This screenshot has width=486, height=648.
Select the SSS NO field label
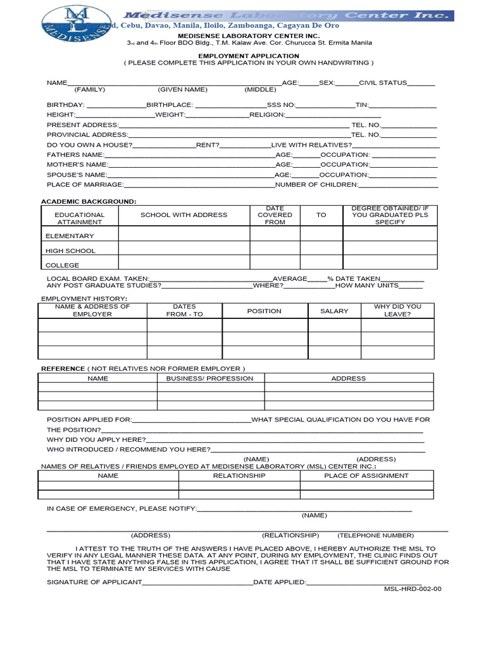tap(281, 104)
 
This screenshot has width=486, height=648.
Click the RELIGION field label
tap(268, 115)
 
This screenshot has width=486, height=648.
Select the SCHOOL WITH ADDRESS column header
tap(184, 215)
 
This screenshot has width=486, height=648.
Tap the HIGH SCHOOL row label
tap(70, 251)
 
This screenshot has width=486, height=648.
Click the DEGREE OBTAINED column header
tap(390, 215)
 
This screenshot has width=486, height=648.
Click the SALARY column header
tap(334, 311)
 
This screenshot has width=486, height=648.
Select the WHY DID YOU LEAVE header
tap(397, 310)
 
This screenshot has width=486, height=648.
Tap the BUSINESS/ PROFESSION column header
tap(209, 378)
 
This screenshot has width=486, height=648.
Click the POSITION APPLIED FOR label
tap(89, 420)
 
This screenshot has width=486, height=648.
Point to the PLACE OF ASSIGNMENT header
tap(366, 475)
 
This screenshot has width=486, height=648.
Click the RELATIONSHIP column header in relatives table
tap(239, 475)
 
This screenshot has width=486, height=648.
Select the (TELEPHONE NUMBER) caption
tap(375, 535)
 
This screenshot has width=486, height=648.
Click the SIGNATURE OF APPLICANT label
tap(94, 582)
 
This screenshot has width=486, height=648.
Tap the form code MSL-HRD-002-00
tap(413, 589)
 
